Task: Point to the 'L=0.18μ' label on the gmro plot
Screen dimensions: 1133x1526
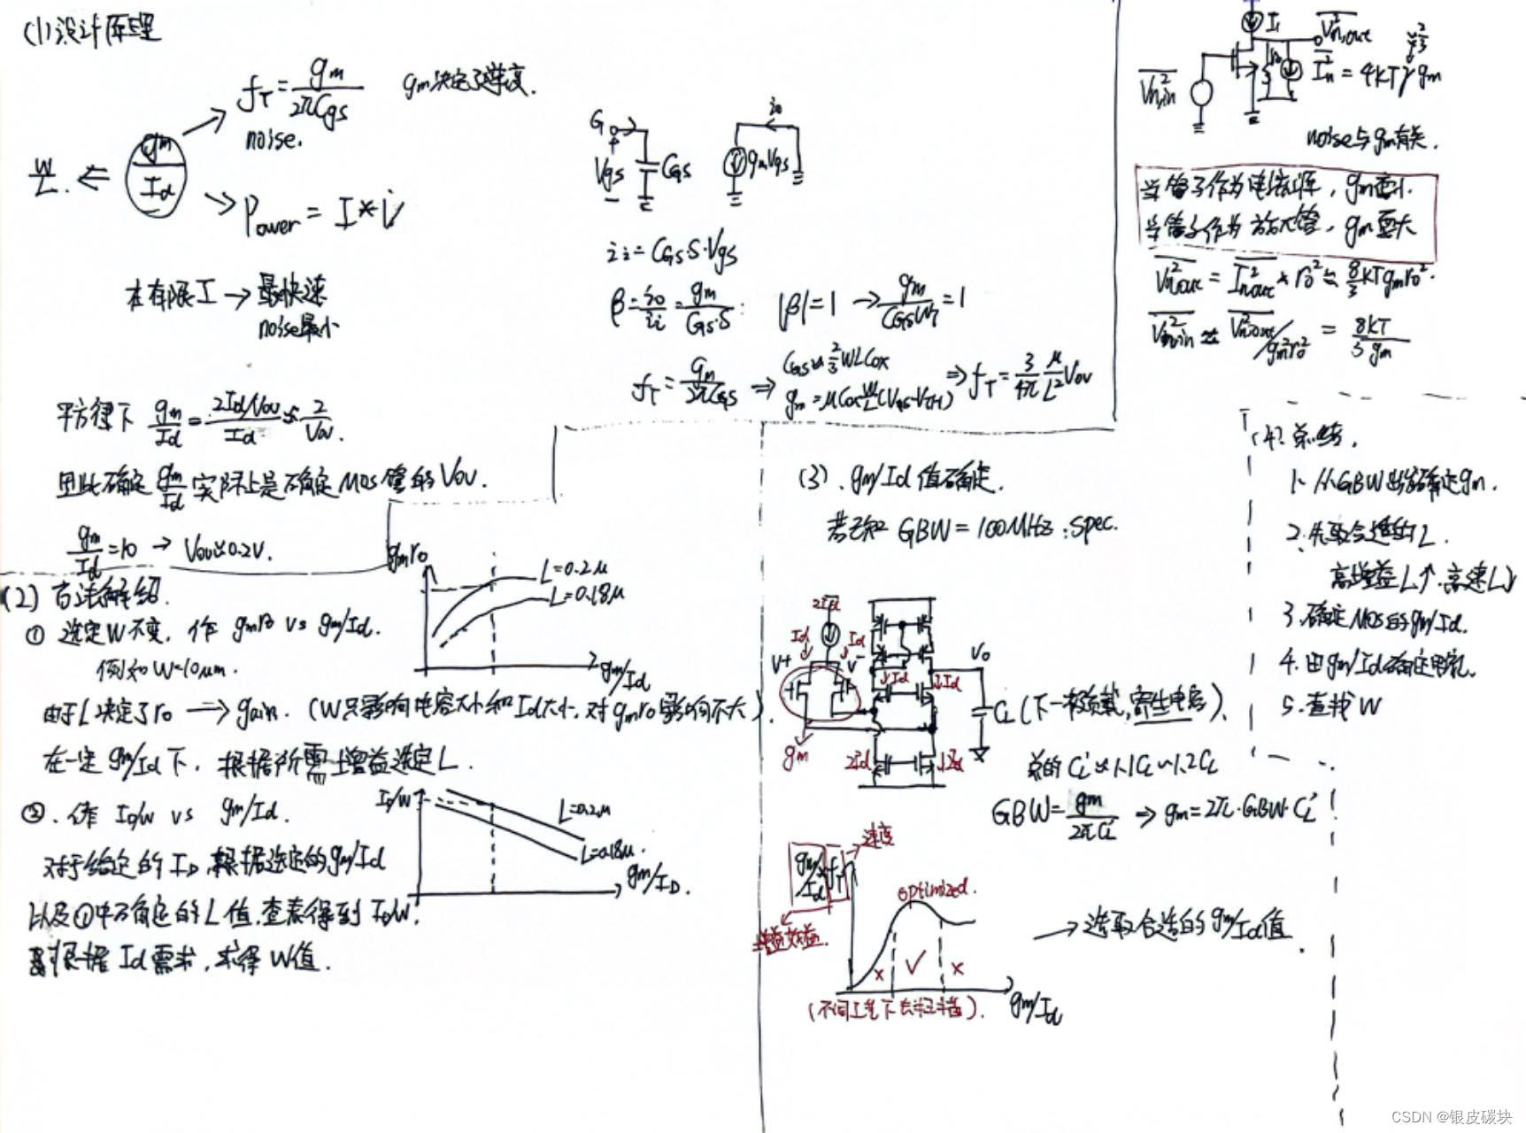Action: [586, 596]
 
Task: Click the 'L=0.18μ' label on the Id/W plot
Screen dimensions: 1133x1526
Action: [609, 852]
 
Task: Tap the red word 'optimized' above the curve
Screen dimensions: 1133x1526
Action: [932, 890]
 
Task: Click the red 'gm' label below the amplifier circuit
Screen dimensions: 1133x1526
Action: [794, 755]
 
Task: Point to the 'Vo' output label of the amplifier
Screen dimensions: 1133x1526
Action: [980, 654]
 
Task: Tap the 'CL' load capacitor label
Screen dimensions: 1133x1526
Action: [1005, 713]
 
